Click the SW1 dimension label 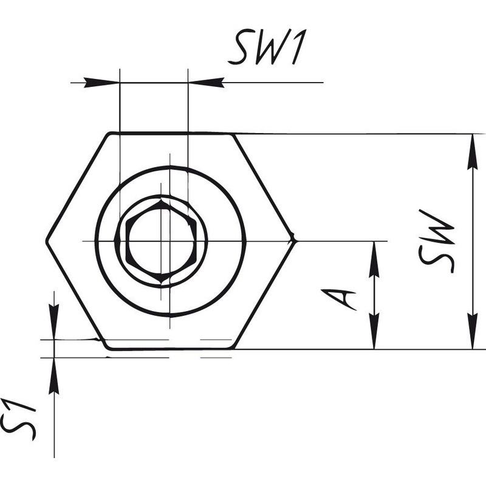(x=267, y=47)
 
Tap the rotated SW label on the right (x=436, y=241)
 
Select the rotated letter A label (x=338, y=299)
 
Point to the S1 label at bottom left (x=18, y=419)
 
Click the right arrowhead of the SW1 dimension (x=206, y=83)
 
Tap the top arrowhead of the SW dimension (x=472, y=152)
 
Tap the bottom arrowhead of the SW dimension (x=472, y=331)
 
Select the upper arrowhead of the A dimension (x=374, y=259)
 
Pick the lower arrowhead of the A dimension (x=374, y=331)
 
